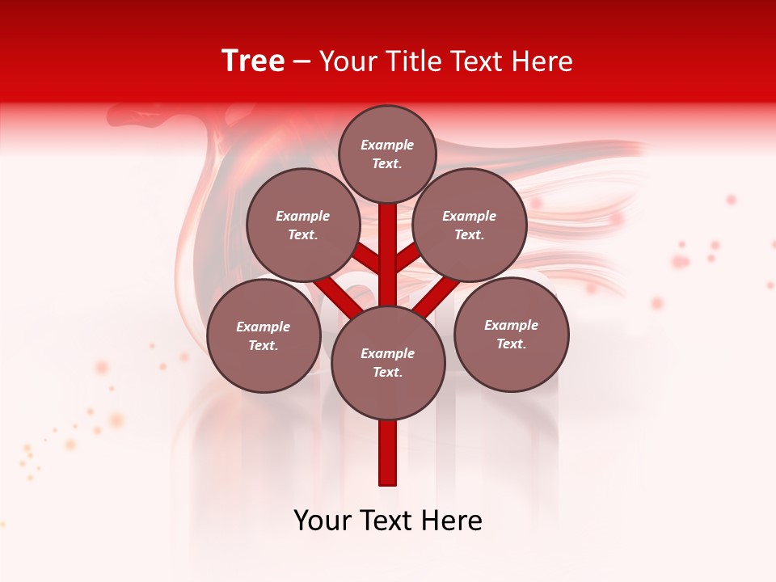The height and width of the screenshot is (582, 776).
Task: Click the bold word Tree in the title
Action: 253,61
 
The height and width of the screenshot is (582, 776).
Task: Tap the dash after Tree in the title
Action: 302,62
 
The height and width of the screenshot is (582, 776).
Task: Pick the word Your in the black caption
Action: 323,521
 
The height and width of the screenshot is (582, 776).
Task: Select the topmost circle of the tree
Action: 387,154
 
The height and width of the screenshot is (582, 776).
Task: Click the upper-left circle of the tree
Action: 302,225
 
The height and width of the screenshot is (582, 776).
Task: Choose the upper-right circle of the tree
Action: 470,225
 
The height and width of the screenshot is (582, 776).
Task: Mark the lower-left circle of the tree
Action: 264,335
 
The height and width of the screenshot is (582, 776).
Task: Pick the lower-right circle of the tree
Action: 512,334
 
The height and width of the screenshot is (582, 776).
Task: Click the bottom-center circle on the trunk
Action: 388,363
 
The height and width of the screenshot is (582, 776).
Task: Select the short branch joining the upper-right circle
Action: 407,257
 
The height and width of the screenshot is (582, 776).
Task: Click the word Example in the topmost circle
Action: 387,145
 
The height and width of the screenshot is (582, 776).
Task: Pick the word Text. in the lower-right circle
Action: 511,344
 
